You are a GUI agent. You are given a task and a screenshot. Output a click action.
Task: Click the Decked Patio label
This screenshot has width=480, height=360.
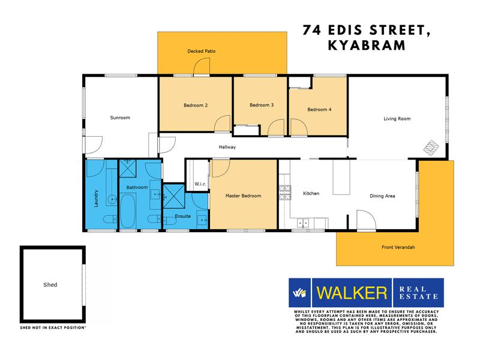(x=202, y=51)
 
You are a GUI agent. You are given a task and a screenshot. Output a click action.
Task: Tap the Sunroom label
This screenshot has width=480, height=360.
(x=120, y=118)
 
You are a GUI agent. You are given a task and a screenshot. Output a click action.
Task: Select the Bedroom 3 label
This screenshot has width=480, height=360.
(x=262, y=105)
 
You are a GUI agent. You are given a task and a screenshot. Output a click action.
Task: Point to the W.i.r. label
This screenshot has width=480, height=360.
(x=200, y=184)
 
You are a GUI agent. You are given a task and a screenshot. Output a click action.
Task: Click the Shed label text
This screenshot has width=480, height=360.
(x=50, y=284)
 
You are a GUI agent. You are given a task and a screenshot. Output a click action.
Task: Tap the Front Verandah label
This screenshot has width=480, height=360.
(x=398, y=247)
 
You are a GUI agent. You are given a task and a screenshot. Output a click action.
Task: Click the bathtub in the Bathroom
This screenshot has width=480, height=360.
(x=128, y=211)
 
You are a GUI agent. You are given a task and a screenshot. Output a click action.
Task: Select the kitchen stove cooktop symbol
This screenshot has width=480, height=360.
(x=284, y=193)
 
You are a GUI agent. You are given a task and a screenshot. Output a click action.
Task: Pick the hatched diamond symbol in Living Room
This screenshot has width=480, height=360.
(x=431, y=148)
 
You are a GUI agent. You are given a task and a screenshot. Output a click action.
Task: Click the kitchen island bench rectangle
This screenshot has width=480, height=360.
(x=341, y=177)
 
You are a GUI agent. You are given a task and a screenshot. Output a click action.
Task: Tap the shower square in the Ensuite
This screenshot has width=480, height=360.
(x=173, y=196)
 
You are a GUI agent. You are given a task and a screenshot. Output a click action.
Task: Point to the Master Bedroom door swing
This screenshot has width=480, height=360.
(x=221, y=169)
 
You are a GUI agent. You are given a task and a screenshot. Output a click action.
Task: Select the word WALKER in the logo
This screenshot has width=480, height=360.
(x=352, y=293)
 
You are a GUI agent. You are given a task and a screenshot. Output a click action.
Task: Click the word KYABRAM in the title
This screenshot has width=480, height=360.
(x=367, y=46)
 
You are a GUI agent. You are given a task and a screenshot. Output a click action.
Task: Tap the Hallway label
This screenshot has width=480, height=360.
(x=227, y=147)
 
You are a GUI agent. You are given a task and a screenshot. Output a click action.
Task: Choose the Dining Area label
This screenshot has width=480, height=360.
(x=382, y=196)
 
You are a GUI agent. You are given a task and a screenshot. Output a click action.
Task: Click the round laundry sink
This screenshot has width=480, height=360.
(x=112, y=200)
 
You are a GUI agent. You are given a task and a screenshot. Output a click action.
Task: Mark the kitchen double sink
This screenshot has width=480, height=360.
(x=303, y=223)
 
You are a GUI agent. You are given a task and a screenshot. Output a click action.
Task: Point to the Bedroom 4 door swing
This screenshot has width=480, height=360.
(x=299, y=127)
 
